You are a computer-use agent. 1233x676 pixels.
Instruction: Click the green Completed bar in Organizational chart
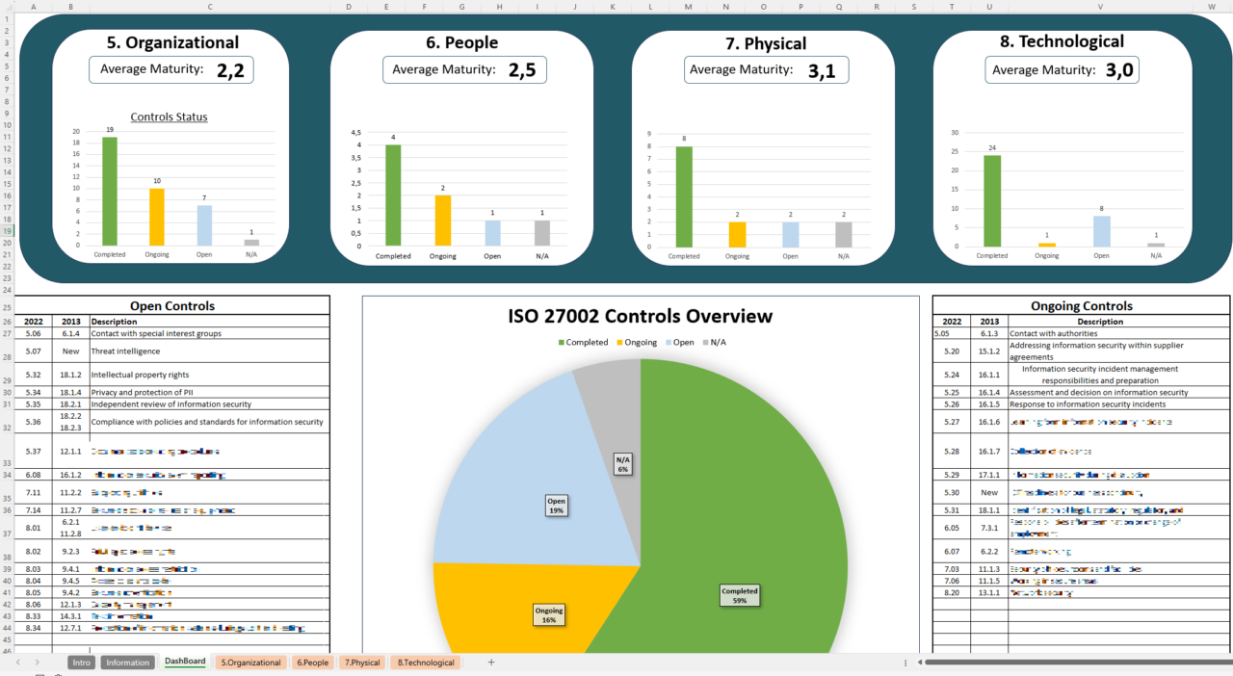tap(109, 192)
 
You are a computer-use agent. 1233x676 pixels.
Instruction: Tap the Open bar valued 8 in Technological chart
tap(1101, 231)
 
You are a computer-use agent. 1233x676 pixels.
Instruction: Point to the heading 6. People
tap(461, 42)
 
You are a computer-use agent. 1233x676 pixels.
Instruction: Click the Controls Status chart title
tap(169, 117)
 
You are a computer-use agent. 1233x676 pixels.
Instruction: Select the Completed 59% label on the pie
tap(739, 595)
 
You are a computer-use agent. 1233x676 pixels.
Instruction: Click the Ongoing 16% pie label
tap(549, 614)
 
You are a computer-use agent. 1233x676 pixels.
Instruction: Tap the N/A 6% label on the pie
tap(622, 464)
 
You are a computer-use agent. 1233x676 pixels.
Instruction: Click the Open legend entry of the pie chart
tap(678, 342)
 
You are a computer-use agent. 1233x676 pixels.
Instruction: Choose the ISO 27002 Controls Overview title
tap(640, 316)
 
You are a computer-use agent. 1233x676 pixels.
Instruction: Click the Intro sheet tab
tap(81, 663)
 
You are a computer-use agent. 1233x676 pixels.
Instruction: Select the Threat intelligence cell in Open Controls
tap(125, 351)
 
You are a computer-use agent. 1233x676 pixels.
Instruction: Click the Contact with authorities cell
tap(1053, 333)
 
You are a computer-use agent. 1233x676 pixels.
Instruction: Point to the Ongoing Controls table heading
tap(1081, 306)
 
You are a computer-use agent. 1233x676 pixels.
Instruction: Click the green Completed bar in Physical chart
tap(684, 196)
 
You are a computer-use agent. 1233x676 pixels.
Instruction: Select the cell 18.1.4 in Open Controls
tap(70, 392)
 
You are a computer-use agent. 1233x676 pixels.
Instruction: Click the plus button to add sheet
tap(490, 663)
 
